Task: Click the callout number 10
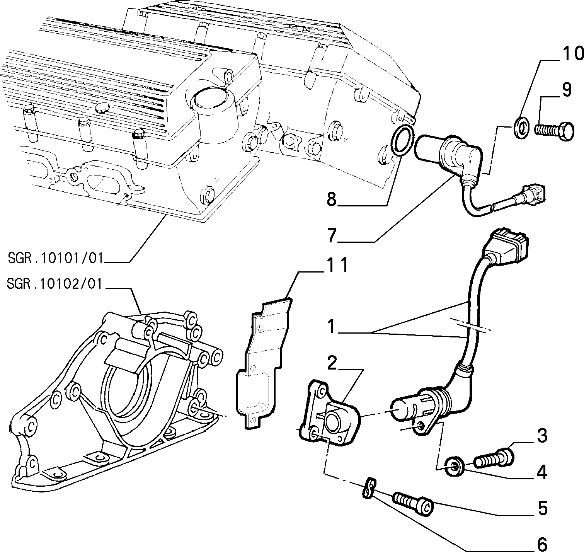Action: coord(573,54)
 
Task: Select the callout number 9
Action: coord(567,90)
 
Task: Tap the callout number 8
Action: coord(331,199)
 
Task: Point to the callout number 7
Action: coord(332,235)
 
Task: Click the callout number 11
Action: coord(337,265)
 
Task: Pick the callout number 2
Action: coord(332,363)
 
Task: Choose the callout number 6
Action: coord(542,544)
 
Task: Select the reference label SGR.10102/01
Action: coord(55,284)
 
